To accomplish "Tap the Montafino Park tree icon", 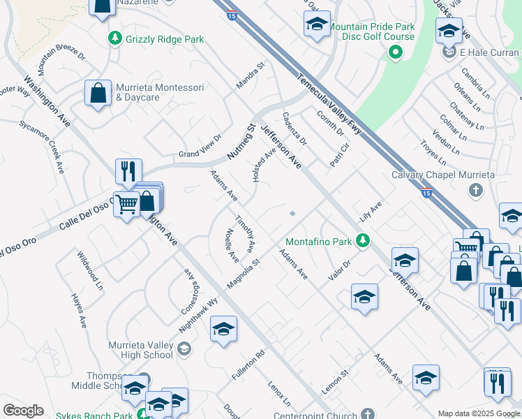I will coord(362,241).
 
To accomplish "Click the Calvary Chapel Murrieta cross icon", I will coord(476,190).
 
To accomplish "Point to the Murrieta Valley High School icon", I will coord(184,348).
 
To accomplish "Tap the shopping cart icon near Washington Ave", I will coord(127,205).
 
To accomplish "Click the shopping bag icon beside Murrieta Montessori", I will coord(98,92).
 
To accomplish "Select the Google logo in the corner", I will coord(23,410).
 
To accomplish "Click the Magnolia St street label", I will coord(243,273).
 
